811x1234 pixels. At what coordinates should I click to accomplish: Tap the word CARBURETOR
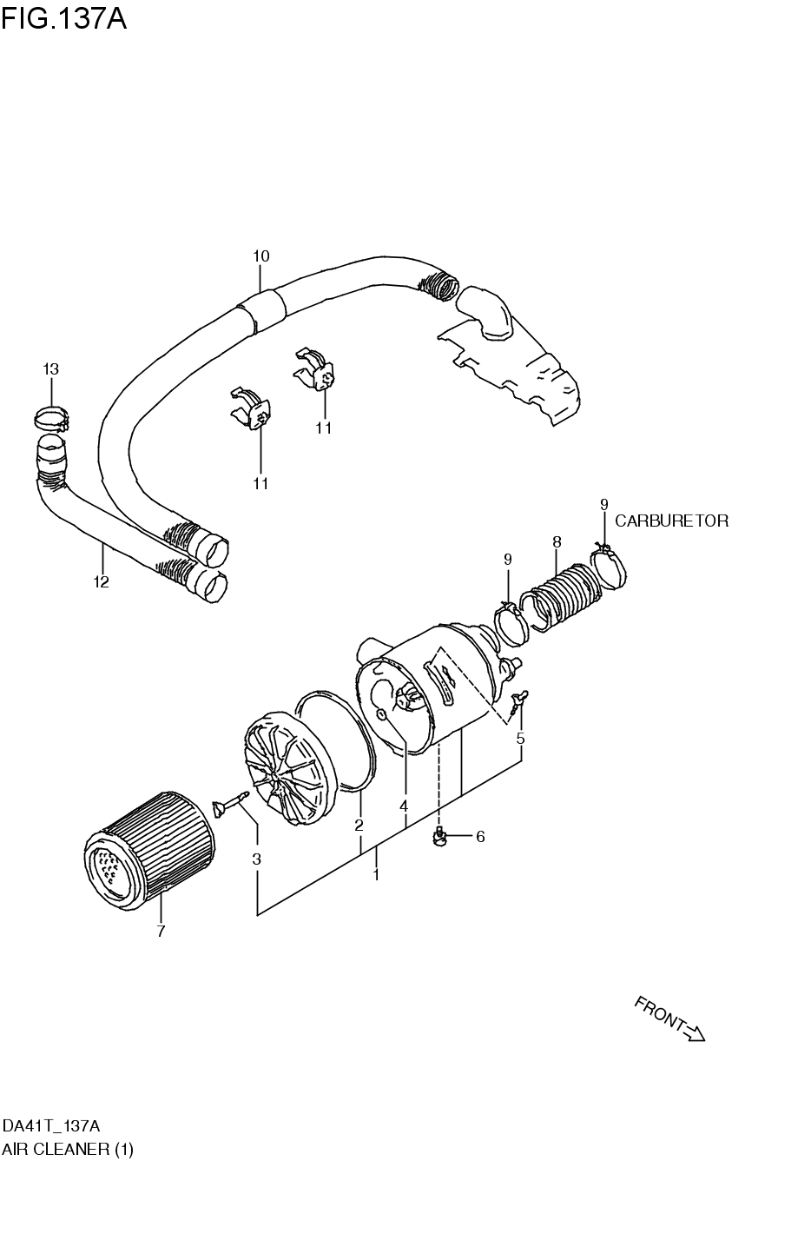(671, 521)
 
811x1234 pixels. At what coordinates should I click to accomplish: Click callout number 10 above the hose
(260, 256)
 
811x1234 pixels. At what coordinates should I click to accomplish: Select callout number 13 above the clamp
(50, 369)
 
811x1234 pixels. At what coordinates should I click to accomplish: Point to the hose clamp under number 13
(51, 418)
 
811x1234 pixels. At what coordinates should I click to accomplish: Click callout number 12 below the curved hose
(102, 582)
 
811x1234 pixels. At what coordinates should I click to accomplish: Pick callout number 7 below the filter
(161, 932)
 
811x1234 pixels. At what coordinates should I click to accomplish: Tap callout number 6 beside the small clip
(479, 837)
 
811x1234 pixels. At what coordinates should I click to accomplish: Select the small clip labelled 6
(440, 837)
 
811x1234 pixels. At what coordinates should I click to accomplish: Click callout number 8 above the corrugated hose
(557, 542)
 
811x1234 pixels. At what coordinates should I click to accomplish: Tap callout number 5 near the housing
(520, 739)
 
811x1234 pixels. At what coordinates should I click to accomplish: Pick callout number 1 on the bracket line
(376, 875)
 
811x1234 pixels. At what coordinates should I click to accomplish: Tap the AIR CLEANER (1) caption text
(68, 1150)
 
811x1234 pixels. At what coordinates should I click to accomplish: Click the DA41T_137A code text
(57, 1125)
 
